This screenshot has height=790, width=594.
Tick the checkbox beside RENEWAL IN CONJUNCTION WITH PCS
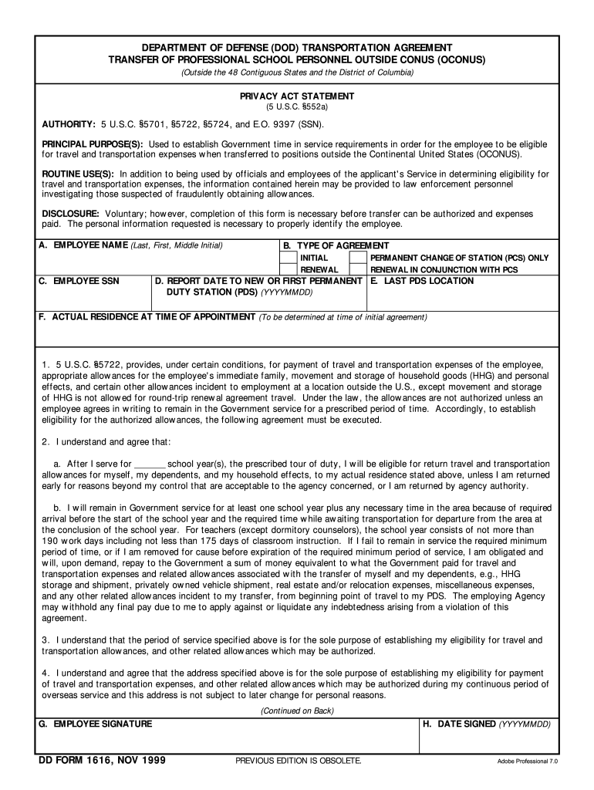tap(358, 269)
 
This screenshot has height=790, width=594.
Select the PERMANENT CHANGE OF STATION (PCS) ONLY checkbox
tap(358, 257)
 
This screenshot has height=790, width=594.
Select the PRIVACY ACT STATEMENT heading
tap(297, 96)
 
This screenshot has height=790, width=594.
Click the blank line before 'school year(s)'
tap(150, 464)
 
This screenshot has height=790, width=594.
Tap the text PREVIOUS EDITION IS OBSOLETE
tap(298, 761)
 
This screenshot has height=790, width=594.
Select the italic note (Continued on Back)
tap(297, 711)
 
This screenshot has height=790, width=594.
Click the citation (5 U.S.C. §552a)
tap(297, 108)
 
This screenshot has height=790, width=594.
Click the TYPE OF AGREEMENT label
tap(336, 245)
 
